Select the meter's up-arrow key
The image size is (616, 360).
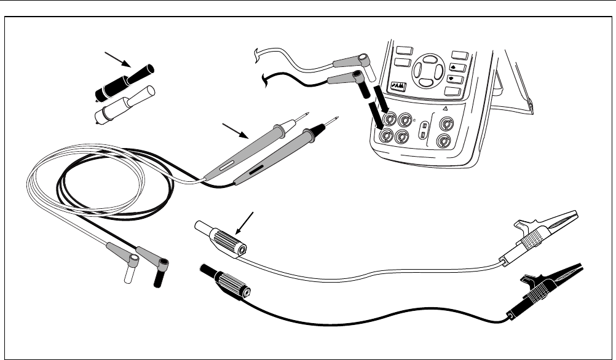click(456, 67)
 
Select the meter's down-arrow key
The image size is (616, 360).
click(456, 79)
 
